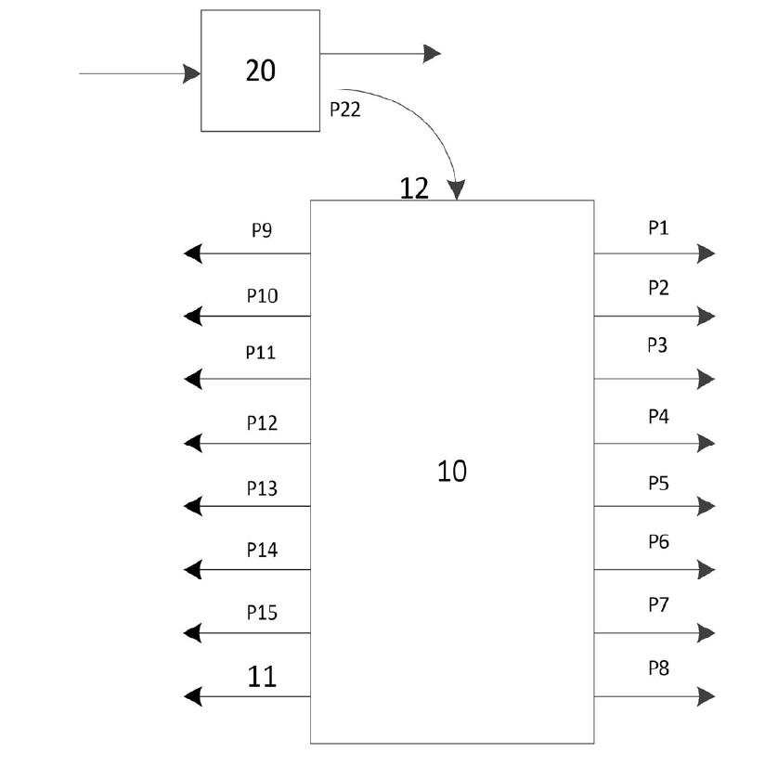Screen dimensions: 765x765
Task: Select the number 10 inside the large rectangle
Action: click(452, 472)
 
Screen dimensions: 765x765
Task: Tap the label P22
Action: click(346, 109)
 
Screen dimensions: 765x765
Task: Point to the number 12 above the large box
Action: click(414, 188)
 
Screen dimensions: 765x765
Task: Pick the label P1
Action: click(658, 227)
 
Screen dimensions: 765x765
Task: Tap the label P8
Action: click(658, 668)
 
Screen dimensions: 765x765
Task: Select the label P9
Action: click(262, 231)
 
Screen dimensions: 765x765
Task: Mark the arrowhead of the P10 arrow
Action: click(193, 317)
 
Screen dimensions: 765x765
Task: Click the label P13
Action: click(262, 488)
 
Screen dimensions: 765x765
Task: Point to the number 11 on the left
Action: click(263, 677)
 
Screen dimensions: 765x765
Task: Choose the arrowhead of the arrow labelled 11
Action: click(193, 695)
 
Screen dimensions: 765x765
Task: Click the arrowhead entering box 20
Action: click(193, 73)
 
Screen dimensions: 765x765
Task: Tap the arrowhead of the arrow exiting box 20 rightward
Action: click(432, 54)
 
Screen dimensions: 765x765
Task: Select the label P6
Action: click(658, 541)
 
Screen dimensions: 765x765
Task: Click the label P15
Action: click(262, 613)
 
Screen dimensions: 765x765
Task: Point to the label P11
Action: click(262, 354)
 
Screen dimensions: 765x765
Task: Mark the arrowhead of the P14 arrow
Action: click(193, 568)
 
